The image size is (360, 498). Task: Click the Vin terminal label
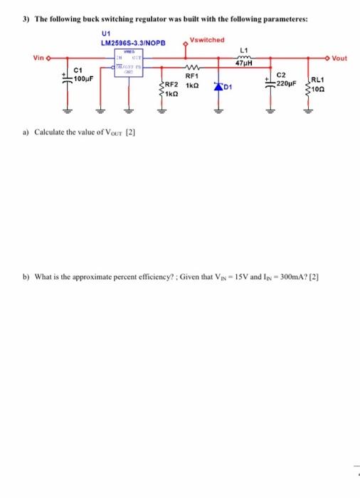[40, 58]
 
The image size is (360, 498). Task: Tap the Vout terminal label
[339, 58]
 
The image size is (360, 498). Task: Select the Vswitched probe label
[207, 40]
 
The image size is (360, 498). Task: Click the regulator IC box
[130, 65]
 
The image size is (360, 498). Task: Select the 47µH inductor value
[245, 65]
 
